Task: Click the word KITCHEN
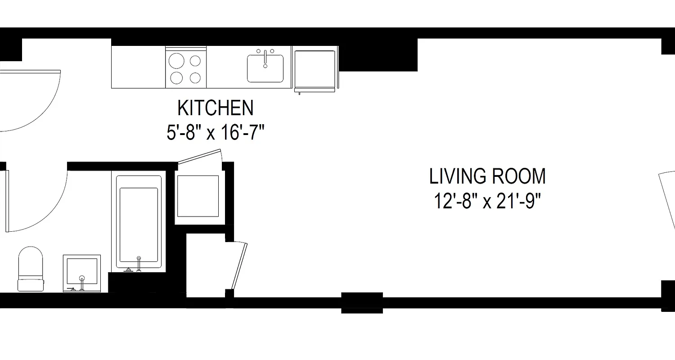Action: tap(215, 108)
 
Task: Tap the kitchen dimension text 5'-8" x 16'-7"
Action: tap(215, 133)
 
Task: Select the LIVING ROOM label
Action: tap(487, 176)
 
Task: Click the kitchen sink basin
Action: tap(265, 70)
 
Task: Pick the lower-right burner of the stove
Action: tap(195, 78)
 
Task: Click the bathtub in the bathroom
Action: tap(139, 223)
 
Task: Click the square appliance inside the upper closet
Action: tap(198, 196)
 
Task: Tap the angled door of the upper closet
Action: tap(199, 156)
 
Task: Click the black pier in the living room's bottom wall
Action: tap(362, 302)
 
